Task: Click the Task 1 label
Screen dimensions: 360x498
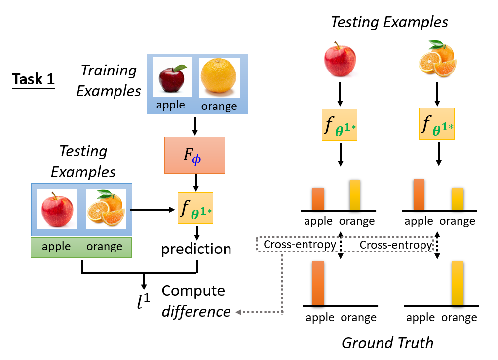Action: click(34, 79)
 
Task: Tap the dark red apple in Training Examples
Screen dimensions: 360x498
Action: click(171, 77)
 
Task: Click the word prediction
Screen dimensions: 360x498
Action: click(196, 249)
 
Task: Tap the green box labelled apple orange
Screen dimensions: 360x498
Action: click(81, 247)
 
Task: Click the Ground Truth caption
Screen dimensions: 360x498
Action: click(387, 342)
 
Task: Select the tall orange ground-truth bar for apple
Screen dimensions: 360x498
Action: click(318, 284)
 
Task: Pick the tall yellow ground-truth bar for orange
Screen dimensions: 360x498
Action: click(458, 284)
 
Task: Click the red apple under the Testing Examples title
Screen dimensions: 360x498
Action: click(339, 60)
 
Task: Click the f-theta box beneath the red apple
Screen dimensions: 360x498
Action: click(340, 125)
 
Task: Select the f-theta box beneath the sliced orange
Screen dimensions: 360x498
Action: click(437, 125)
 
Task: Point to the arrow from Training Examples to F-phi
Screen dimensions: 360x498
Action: click(196, 125)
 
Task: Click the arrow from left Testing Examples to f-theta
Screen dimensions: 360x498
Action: click(153, 210)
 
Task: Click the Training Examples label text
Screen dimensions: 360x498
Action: click(109, 80)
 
